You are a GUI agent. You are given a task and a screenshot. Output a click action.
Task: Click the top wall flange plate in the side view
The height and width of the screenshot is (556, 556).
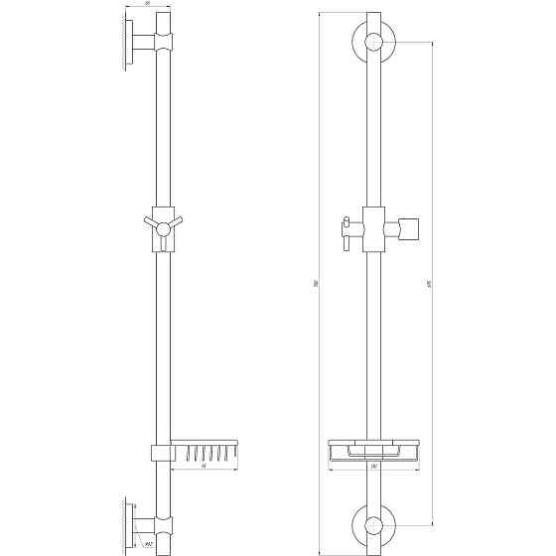128,43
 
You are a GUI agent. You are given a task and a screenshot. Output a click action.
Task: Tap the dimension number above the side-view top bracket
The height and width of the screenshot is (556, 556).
147,6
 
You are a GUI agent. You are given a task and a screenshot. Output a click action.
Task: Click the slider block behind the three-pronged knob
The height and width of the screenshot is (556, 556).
164,226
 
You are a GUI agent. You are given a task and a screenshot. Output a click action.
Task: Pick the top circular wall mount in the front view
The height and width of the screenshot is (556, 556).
374,43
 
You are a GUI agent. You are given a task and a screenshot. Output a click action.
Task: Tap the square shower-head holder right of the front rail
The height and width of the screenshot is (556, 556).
410,230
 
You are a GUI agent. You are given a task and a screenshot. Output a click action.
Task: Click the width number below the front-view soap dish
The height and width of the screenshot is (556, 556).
374,467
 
